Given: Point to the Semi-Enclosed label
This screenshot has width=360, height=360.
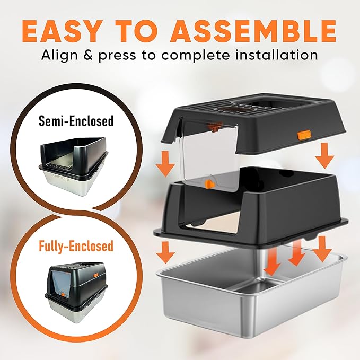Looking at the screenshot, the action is pos(76,121).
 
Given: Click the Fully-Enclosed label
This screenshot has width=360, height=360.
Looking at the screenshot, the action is pos(76,246).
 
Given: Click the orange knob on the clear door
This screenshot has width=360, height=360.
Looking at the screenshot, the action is pos(208,184).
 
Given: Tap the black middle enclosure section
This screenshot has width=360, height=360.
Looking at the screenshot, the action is pos(251,207).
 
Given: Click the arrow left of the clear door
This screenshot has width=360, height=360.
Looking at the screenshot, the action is pos(165,163).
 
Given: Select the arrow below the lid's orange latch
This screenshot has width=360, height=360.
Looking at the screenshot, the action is pos(324,156).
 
